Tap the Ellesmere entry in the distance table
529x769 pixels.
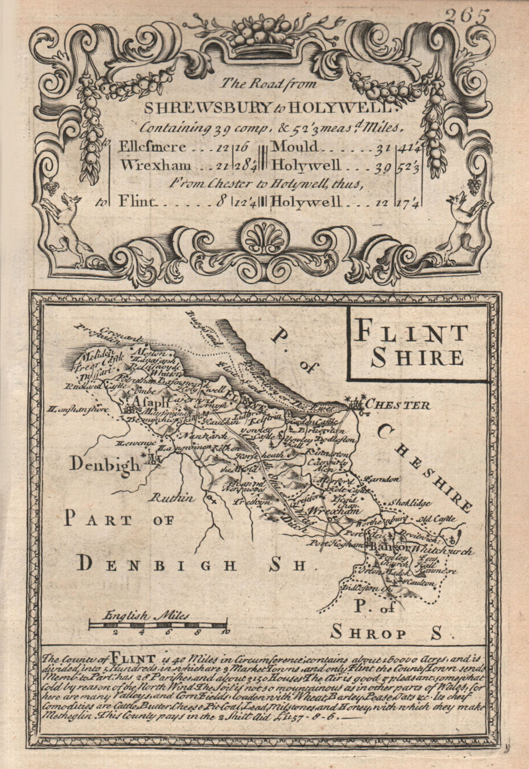tap(153, 147)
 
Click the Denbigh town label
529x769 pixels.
tap(105, 464)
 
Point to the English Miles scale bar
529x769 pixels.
tap(158, 626)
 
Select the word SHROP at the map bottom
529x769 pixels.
tap(368, 633)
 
